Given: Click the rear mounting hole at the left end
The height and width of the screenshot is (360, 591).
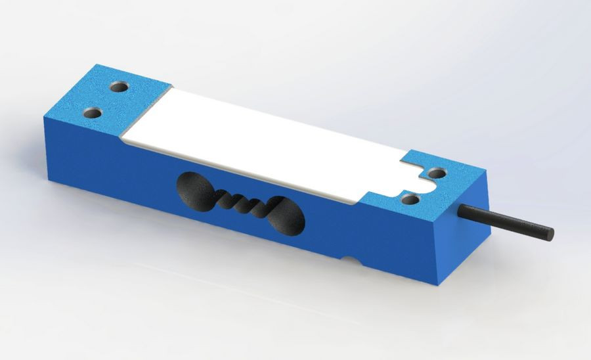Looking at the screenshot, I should [x=120, y=86].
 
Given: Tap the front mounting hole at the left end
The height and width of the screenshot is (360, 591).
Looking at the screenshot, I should [x=94, y=113].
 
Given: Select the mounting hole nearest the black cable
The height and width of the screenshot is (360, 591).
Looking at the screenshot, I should [x=435, y=174].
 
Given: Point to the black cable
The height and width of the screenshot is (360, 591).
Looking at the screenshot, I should [x=506, y=221].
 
